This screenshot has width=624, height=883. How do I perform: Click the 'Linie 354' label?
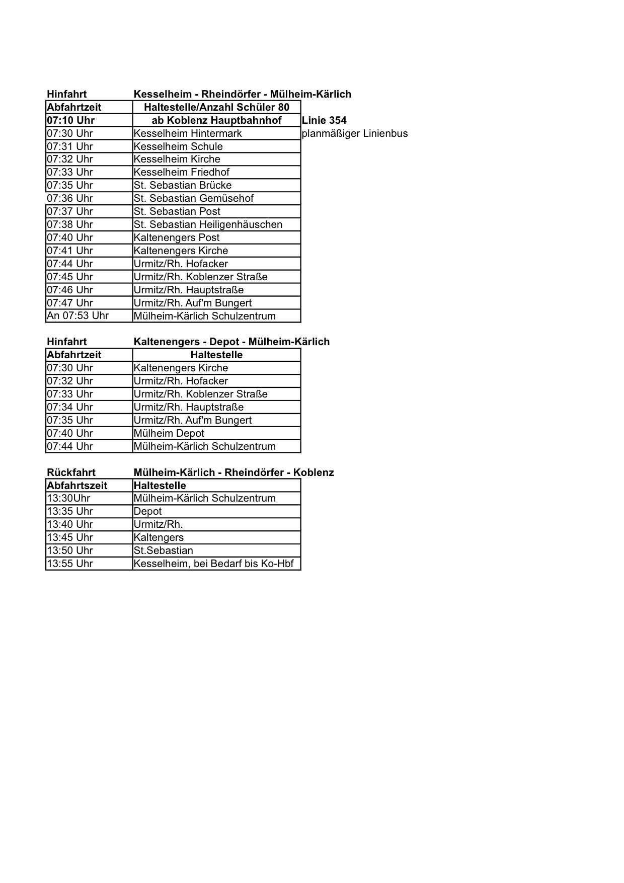coord(324,120)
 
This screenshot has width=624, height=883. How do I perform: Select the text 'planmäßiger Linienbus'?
coord(354,133)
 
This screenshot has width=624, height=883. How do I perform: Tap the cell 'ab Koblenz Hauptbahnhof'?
coord(216,120)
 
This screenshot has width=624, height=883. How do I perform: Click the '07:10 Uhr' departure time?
coord(70,120)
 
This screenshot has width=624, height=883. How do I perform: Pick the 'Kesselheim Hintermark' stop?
coord(188,133)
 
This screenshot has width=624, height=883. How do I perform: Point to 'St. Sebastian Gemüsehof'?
coord(193,198)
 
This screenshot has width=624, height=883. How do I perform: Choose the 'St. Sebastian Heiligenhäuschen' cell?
coord(208,224)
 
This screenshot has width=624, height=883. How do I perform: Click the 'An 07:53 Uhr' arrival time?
coord(77,315)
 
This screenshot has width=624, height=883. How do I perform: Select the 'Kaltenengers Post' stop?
coord(177,237)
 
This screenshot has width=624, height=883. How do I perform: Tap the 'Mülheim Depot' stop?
coord(169,433)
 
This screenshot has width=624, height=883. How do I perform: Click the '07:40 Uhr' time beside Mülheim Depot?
coord(70,433)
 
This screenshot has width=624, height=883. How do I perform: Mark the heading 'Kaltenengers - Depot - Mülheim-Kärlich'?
coord(231,342)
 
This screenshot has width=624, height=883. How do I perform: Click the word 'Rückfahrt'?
coord(71,472)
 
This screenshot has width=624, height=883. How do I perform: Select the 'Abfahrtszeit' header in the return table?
coord(77,486)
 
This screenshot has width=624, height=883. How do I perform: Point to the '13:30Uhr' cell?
coord(68,498)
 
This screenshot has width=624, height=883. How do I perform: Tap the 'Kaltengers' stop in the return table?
coord(159,537)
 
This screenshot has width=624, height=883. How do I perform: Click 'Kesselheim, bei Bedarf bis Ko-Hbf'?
coord(213,564)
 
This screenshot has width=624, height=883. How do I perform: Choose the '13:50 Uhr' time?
coord(70,550)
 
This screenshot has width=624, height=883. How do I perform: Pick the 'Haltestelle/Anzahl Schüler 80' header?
coord(216,107)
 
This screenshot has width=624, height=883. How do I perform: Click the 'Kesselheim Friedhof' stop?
coord(181,172)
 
